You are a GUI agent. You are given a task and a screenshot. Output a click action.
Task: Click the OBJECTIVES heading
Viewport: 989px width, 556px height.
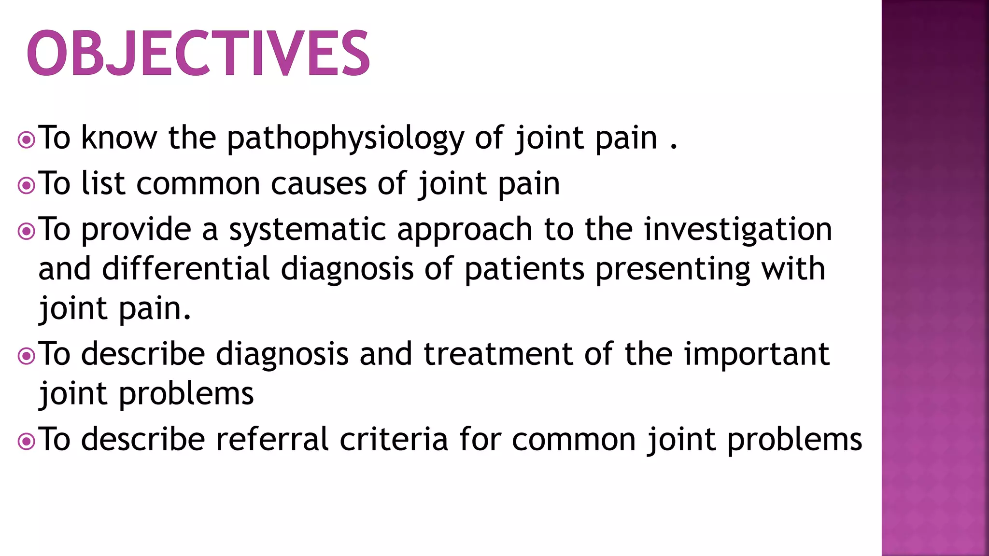[x=198, y=53]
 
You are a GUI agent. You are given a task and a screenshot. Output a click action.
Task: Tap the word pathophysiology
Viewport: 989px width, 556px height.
[x=345, y=139]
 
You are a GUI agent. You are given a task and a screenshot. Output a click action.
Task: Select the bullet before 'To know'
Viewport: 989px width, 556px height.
[x=26, y=140]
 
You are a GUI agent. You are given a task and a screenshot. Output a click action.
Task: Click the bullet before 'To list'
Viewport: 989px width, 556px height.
[x=26, y=186]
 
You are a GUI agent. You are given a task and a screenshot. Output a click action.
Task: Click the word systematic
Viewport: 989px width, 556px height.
[x=307, y=230]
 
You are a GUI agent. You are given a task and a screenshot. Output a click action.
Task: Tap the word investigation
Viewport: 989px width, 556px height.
[x=738, y=230]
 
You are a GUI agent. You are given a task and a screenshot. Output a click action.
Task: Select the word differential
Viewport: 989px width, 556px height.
[x=185, y=269]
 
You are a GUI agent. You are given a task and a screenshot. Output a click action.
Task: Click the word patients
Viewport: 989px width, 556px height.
[x=524, y=269]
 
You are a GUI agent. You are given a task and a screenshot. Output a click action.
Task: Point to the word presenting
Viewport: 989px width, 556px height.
[x=673, y=270]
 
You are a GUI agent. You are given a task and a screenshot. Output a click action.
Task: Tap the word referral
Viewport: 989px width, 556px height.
[x=272, y=440]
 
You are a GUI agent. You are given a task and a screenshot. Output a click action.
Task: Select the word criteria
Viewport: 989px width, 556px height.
[x=394, y=440]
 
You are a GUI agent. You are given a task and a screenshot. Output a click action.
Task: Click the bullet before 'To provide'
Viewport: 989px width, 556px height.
[x=26, y=231]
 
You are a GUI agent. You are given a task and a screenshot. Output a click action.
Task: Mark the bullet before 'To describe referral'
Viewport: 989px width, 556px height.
[x=26, y=441]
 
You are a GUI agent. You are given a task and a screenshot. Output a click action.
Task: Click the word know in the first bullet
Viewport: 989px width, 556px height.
[x=119, y=139]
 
